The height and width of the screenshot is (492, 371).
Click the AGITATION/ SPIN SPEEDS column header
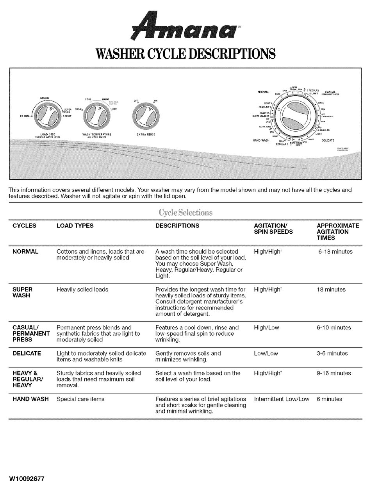pos(273,229)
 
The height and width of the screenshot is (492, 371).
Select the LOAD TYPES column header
pos(75,226)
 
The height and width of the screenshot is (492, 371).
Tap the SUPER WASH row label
pos(22,293)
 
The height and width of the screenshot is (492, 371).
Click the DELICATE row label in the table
pos(27,353)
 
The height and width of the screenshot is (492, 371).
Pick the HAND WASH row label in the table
pos(30,399)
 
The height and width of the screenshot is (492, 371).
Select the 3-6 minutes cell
pos(332,353)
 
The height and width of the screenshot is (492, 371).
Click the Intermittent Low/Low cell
pos(282,399)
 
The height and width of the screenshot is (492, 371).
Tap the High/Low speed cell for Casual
pos(266,327)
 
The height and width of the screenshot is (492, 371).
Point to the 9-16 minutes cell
pos(334,373)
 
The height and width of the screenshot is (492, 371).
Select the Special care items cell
pos(80,399)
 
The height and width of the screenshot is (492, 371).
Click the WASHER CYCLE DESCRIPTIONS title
pos(185,53)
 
